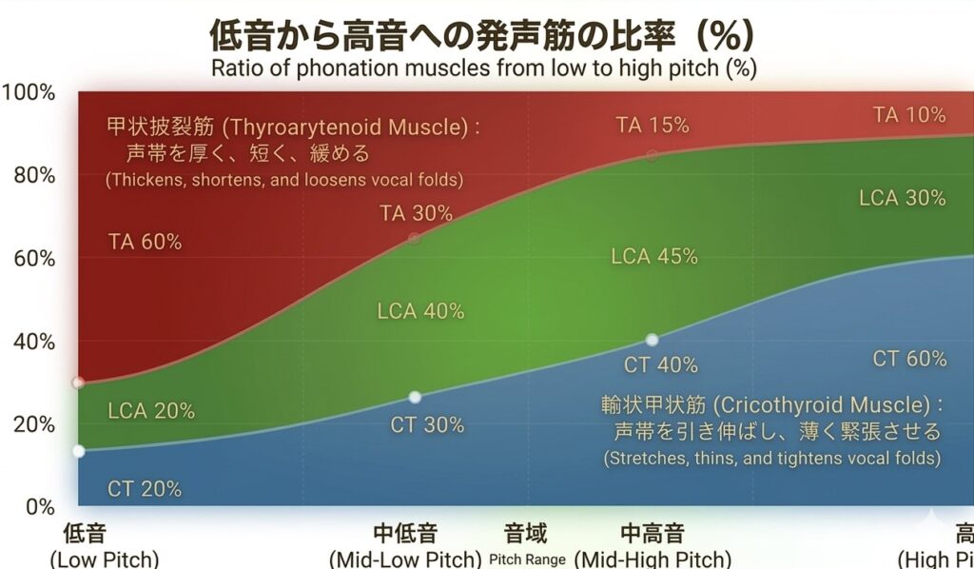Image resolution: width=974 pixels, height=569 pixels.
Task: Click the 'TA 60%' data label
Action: (146, 242)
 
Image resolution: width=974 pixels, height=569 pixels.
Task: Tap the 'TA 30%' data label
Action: (416, 213)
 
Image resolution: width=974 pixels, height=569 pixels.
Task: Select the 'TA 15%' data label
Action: (652, 126)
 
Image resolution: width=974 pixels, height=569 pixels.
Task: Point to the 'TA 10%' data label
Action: (909, 115)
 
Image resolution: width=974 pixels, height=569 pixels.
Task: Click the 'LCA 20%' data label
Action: (151, 411)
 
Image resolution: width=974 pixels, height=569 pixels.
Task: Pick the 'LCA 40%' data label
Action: (420, 310)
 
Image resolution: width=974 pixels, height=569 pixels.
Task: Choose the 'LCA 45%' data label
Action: (654, 256)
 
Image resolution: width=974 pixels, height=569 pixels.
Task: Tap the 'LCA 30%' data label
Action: (903, 198)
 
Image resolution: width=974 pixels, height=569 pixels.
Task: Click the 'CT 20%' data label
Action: (145, 489)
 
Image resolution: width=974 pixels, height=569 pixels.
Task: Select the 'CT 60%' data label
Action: (910, 359)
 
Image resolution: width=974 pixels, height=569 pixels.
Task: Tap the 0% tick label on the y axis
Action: (39, 506)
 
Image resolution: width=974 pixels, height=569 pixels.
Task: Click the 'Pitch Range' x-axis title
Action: (528, 559)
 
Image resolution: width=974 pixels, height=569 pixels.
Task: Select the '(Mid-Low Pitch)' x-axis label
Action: (403, 559)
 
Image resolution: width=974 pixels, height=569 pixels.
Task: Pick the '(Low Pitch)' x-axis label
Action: (104, 559)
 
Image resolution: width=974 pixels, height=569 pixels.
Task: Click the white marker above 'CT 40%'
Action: (652, 340)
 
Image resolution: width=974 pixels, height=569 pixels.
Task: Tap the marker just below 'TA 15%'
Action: (652, 155)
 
